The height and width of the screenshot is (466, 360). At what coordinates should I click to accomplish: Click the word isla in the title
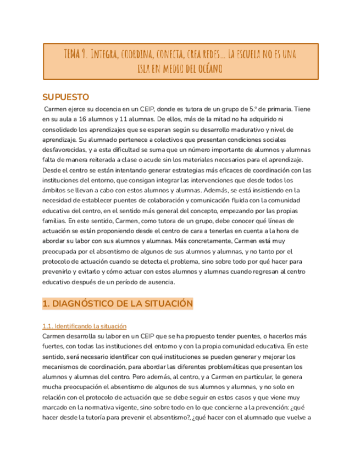138,69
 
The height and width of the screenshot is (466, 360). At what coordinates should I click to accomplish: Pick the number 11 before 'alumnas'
131,119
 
